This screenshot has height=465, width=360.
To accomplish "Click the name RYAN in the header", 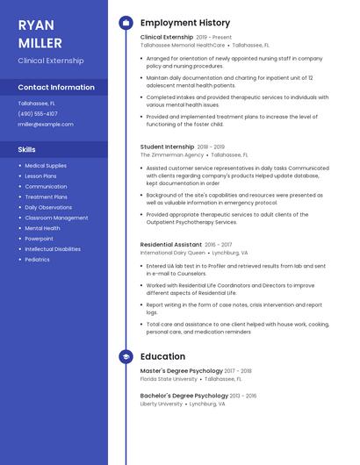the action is (x=36, y=25).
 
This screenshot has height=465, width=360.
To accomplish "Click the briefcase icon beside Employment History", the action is (x=126, y=23).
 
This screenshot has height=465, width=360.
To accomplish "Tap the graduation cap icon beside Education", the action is (x=126, y=357).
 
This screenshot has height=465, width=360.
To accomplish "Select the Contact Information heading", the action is (x=56, y=88).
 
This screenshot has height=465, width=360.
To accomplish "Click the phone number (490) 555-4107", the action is (x=38, y=113).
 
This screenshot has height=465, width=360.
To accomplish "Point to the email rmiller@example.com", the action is (x=46, y=125).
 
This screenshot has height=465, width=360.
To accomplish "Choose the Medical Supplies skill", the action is (x=45, y=165).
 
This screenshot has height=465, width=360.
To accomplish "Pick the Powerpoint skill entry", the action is (x=39, y=239).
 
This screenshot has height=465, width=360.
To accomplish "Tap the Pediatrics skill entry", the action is (x=37, y=260).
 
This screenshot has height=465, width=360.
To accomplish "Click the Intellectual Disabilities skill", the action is (x=53, y=249).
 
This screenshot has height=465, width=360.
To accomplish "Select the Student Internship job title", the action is (x=167, y=147).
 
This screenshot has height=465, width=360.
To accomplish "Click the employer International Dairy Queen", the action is (x=172, y=253).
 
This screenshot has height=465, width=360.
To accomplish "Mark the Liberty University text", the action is (x=162, y=404).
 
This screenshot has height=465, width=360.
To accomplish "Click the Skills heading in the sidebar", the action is (x=27, y=150).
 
